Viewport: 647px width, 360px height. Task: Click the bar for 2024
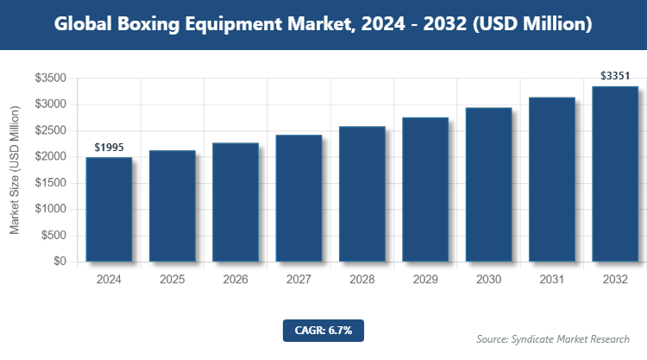tap(109, 209)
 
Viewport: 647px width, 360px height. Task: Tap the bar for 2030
tap(488, 184)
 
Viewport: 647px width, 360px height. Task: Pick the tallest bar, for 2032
tap(615, 174)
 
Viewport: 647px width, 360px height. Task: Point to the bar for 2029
tap(425, 189)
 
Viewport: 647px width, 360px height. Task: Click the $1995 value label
tap(109, 148)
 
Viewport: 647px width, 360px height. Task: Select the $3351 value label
tap(615, 77)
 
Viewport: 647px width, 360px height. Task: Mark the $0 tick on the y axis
tap(60, 262)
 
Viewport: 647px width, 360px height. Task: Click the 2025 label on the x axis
tap(172, 280)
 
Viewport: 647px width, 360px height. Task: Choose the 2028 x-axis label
tap(361, 280)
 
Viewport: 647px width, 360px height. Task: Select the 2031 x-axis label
tap(551, 280)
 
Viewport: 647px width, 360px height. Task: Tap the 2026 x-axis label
tap(236, 280)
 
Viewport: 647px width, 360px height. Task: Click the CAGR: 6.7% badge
tap(323, 330)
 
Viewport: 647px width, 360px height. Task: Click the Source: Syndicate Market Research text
tap(553, 338)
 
